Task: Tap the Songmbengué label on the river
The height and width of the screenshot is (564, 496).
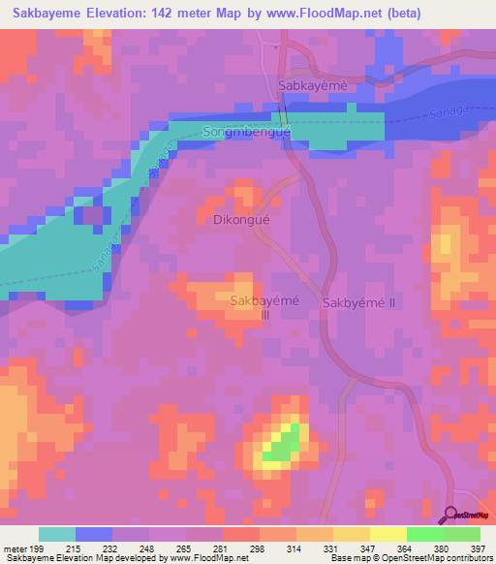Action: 247,131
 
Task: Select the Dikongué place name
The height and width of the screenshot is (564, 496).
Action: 235,219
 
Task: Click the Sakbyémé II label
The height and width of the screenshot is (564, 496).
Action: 359,302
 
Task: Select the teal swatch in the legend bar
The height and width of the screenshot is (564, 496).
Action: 56,534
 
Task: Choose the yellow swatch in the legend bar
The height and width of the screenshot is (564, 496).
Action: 388,534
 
